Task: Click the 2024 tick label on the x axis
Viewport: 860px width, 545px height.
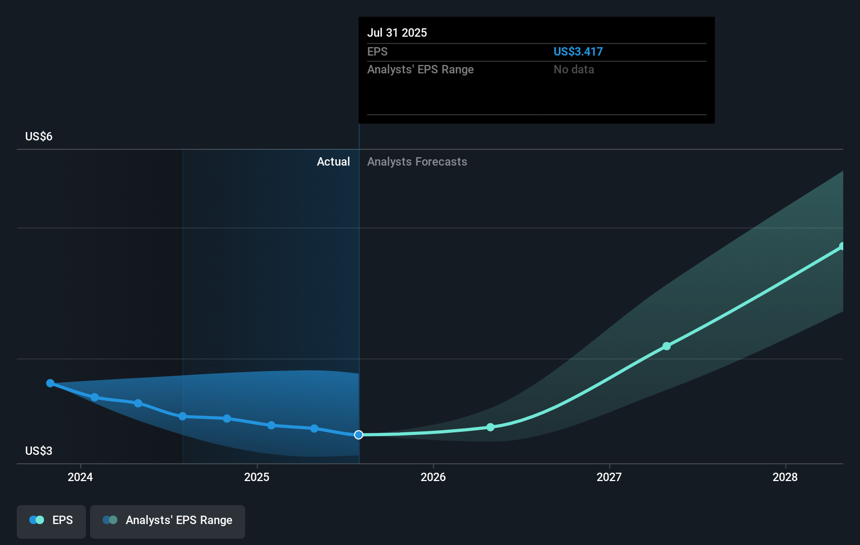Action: coord(80,477)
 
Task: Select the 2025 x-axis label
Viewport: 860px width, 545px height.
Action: coord(257,477)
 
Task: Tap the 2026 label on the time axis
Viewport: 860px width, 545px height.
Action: coord(433,477)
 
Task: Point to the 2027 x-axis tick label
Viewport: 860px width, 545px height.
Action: coord(609,477)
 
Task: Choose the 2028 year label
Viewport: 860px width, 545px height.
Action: coord(785,477)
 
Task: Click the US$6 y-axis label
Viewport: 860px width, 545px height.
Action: coord(39,136)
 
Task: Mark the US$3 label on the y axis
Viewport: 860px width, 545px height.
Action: coord(39,451)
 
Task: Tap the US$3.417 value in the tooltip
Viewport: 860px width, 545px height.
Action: coord(578,51)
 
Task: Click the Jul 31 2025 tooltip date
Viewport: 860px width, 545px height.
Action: coord(397,32)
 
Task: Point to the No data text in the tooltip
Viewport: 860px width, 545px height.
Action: coord(574,70)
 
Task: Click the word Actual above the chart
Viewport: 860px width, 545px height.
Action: coord(333,162)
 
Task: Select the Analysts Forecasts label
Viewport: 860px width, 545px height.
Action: coord(417,162)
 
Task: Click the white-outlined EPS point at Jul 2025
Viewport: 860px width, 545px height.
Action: coord(359,435)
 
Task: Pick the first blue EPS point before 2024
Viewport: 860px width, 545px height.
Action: coord(50,383)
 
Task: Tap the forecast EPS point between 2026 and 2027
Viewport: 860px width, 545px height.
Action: coord(490,427)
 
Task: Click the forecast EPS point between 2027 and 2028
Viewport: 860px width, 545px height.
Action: coord(667,346)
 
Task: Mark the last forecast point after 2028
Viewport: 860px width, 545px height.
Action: coord(842,246)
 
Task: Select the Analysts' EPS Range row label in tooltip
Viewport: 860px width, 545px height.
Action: coord(421,70)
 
